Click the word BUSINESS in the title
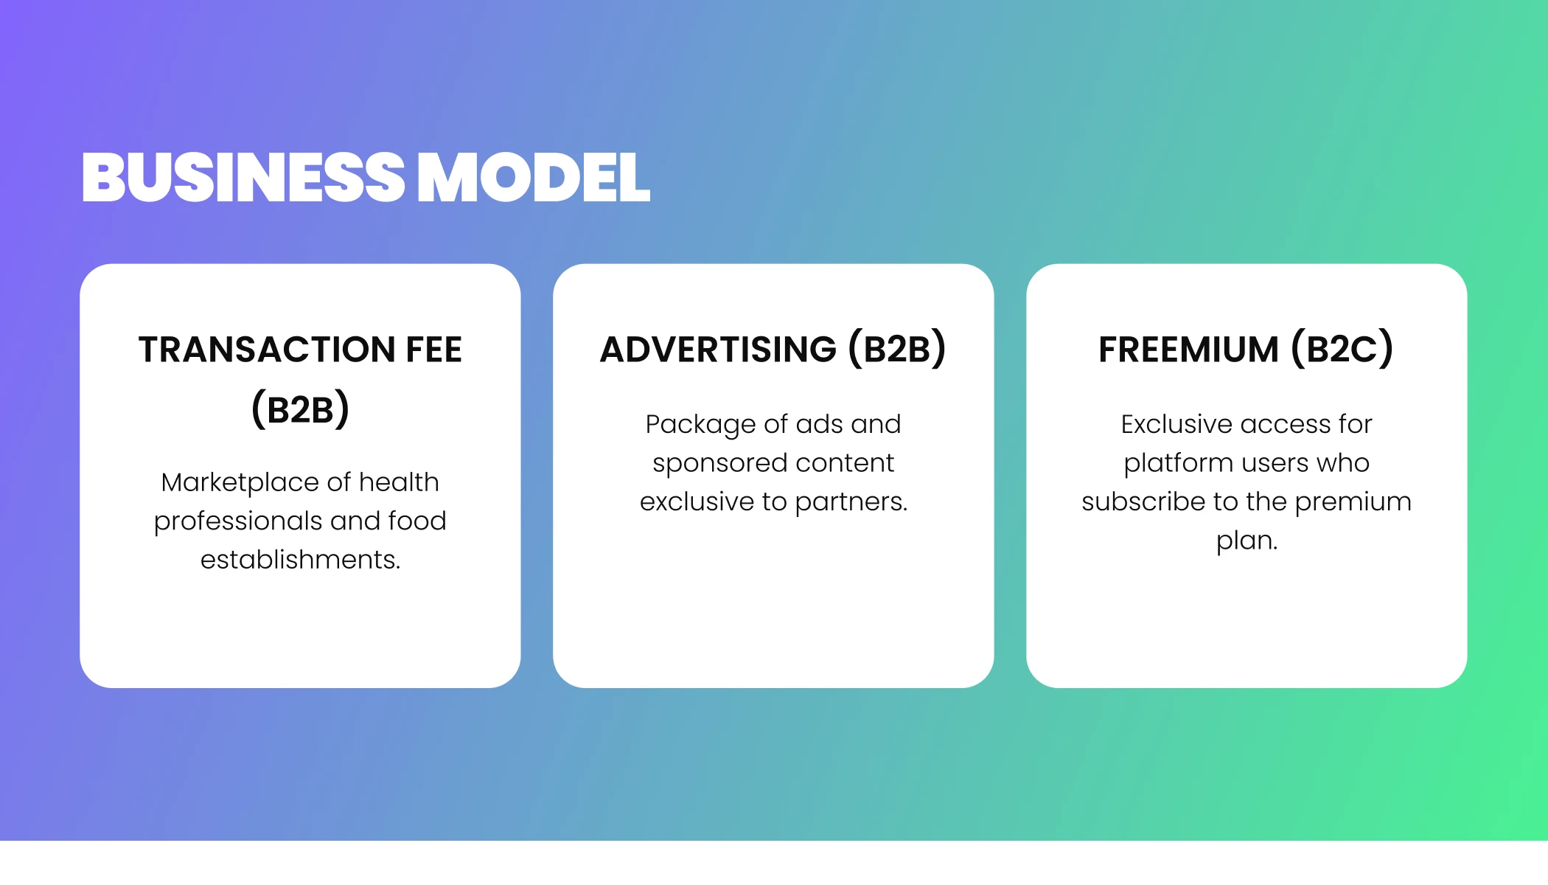pyautogui.click(x=243, y=177)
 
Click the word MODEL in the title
pyautogui.click(x=534, y=177)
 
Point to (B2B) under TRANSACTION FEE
pyautogui.click(x=300, y=409)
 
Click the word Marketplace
pyautogui.click(x=240, y=482)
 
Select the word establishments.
pyautogui.click(x=300, y=560)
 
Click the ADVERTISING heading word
pyautogui.click(x=719, y=350)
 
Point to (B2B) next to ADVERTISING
pyautogui.click(x=897, y=349)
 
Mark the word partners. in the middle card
pyautogui.click(x=851, y=502)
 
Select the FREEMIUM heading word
pyautogui.click(x=1188, y=350)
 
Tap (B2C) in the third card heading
pyautogui.click(x=1342, y=349)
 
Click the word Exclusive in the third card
pyautogui.click(x=1176, y=424)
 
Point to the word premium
pyautogui.click(x=1353, y=502)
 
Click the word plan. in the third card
pyautogui.click(x=1247, y=541)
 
